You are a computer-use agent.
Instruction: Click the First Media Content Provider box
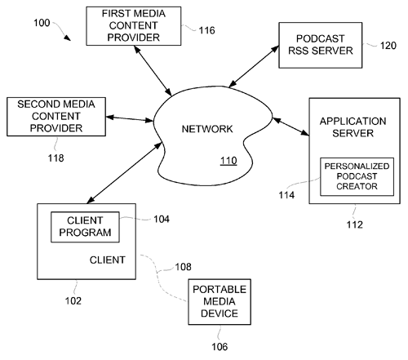pyautogui.click(x=134, y=26)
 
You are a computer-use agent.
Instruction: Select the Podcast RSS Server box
pyautogui.click(x=321, y=45)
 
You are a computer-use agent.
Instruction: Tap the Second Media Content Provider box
pyautogui.click(x=56, y=117)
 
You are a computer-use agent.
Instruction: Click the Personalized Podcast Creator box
pyautogui.click(x=357, y=176)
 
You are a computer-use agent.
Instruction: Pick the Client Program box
pyautogui.click(x=85, y=227)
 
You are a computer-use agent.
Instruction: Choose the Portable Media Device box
pyautogui.click(x=220, y=302)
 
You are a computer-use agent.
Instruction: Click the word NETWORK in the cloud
pyautogui.click(x=207, y=129)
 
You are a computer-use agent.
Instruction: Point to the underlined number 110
pyautogui.click(x=228, y=161)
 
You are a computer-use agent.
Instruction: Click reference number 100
pyautogui.click(x=42, y=23)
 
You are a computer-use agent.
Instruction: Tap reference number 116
pyautogui.click(x=206, y=30)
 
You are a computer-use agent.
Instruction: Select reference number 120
pyautogui.click(x=388, y=46)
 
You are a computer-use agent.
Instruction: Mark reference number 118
pyautogui.click(x=56, y=158)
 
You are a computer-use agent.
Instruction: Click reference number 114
pyautogui.click(x=286, y=195)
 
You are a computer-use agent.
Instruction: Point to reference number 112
pyautogui.click(x=355, y=224)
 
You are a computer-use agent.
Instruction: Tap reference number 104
pyautogui.click(x=162, y=219)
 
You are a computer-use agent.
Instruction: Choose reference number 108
pyautogui.click(x=183, y=267)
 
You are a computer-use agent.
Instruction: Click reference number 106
pyautogui.click(x=220, y=347)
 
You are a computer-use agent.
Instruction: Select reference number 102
pyautogui.click(x=73, y=301)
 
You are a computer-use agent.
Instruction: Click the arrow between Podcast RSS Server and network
pyautogui.click(x=254, y=67)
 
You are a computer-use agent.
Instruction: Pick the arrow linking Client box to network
pyautogui.click(x=125, y=173)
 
